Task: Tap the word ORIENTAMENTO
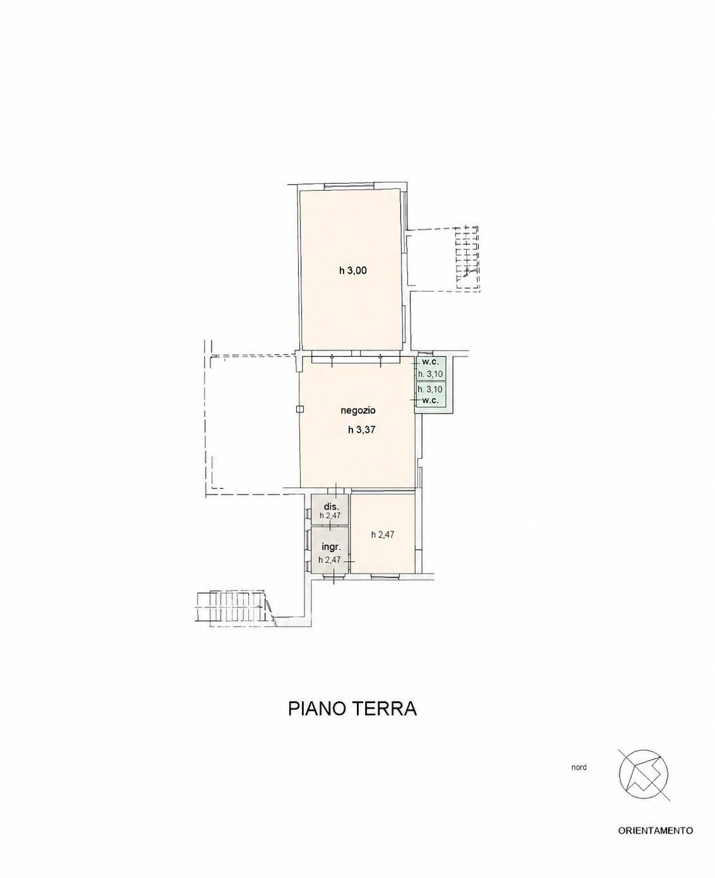655,842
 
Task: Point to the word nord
579,767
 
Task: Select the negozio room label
358,411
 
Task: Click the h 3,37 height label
361,430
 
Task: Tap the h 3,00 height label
352,271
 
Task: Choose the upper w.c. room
431,368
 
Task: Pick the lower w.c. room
431,395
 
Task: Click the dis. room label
330,507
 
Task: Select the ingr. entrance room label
330,548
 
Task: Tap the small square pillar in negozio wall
299,409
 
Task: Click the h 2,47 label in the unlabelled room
383,534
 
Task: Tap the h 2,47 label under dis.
330,515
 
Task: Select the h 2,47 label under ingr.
329,560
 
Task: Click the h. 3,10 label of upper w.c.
430,375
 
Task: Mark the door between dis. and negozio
336,490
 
